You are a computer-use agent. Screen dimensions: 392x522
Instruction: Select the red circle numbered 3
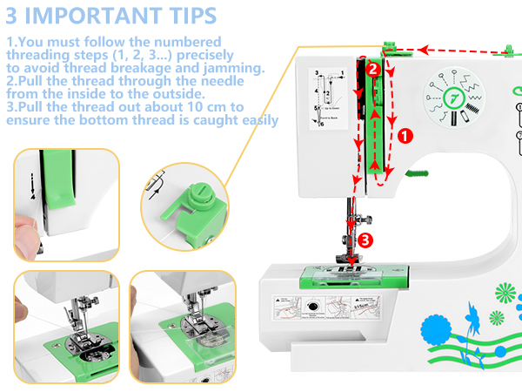point(365,240)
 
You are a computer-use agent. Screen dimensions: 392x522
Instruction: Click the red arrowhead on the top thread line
point(424,50)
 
